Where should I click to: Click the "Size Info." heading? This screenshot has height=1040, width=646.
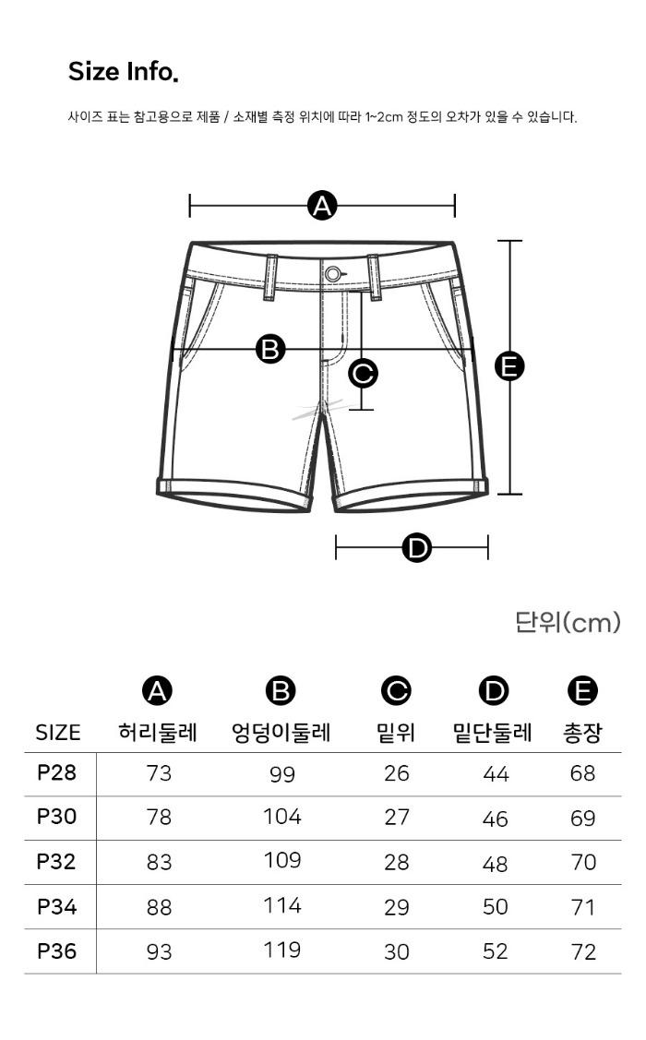[124, 72]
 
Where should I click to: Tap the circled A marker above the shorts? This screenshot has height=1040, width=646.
[322, 206]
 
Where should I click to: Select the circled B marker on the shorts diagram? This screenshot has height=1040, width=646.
[270, 349]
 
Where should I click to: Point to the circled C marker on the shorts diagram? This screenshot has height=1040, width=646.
[363, 373]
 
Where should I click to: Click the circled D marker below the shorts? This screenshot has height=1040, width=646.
[416, 548]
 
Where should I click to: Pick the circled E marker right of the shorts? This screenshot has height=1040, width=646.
[509, 366]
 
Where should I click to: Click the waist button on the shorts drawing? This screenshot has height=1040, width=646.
[333, 273]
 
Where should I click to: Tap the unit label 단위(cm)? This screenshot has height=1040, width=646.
[568, 622]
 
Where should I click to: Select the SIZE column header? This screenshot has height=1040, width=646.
[58, 733]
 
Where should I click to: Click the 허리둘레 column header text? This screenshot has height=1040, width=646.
[158, 733]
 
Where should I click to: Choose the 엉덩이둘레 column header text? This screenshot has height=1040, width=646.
[281, 733]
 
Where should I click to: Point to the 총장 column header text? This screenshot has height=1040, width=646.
[582, 733]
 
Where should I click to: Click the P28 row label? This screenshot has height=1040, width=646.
[57, 772]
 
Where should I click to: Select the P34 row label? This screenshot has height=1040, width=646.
[57, 907]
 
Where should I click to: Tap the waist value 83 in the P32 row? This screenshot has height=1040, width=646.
[159, 862]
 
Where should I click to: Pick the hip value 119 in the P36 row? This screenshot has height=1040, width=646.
[281, 950]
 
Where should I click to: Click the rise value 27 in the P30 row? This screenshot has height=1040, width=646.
[397, 818]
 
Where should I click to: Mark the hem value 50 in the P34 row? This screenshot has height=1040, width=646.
[496, 907]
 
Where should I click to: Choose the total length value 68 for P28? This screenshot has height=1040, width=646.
[582, 773]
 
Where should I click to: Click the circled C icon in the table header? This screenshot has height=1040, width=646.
[396, 691]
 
